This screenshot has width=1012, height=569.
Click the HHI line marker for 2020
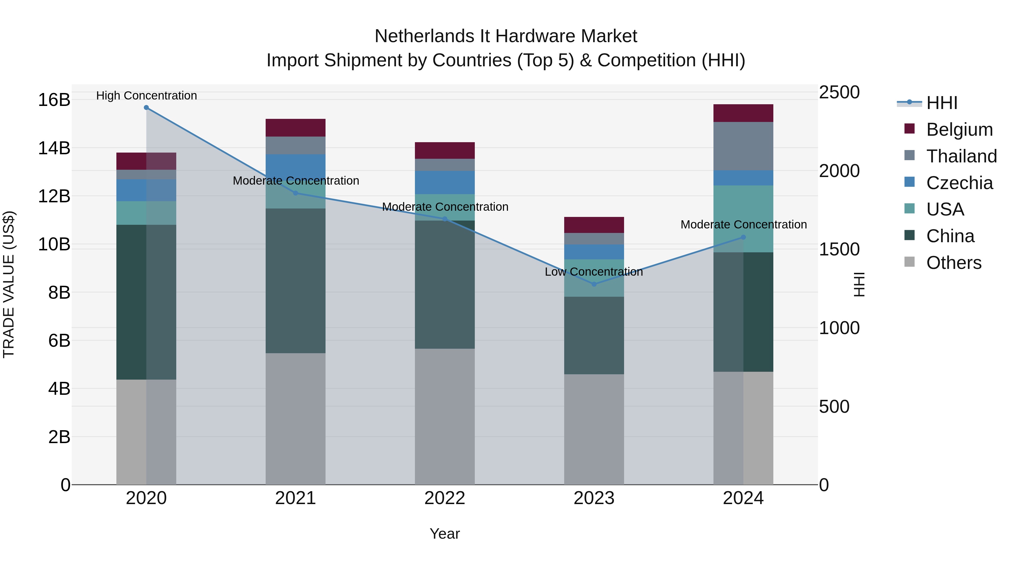click(146, 108)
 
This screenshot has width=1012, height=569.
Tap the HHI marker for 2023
click(594, 284)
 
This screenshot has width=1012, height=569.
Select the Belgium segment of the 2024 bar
click(743, 113)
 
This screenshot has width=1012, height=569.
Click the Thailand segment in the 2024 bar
click(743, 146)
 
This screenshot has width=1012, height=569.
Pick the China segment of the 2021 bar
click(295, 281)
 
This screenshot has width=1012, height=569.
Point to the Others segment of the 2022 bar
click(445, 416)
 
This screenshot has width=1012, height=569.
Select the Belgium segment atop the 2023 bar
click(594, 225)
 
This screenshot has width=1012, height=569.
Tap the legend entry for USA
click(945, 209)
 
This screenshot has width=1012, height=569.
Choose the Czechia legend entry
click(959, 183)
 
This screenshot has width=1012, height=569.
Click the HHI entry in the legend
click(941, 103)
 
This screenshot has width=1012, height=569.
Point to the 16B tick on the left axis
click(54, 100)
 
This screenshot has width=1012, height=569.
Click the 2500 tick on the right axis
click(839, 93)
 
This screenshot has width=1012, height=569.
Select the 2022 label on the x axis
click(445, 498)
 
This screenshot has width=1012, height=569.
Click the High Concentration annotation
click(146, 96)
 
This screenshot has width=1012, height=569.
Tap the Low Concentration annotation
click(594, 272)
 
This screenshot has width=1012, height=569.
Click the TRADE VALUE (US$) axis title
click(9, 284)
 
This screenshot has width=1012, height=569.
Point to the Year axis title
click(445, 534)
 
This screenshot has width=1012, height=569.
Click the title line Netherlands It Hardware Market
click(506, 36)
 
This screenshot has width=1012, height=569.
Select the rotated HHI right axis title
click(859, 284)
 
